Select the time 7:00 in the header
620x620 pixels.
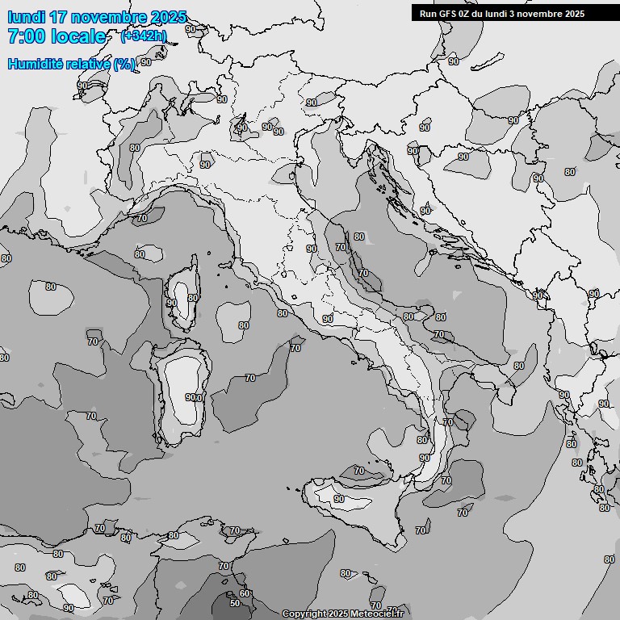(x=24, y=36)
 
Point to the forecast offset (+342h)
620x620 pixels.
(x=144, y=36)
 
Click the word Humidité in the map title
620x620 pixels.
(x=36, y=64)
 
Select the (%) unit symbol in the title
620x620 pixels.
(x=124, y=64)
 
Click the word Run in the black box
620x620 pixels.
(x=428, y=13)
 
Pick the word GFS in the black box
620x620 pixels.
(x=449, y=13)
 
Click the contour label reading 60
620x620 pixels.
(x=245, y=593)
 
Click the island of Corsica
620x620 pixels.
(x=184, y=295)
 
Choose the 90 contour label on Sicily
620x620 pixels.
(x=339, y=499)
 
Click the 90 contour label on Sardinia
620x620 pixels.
(x=193, y=397)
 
